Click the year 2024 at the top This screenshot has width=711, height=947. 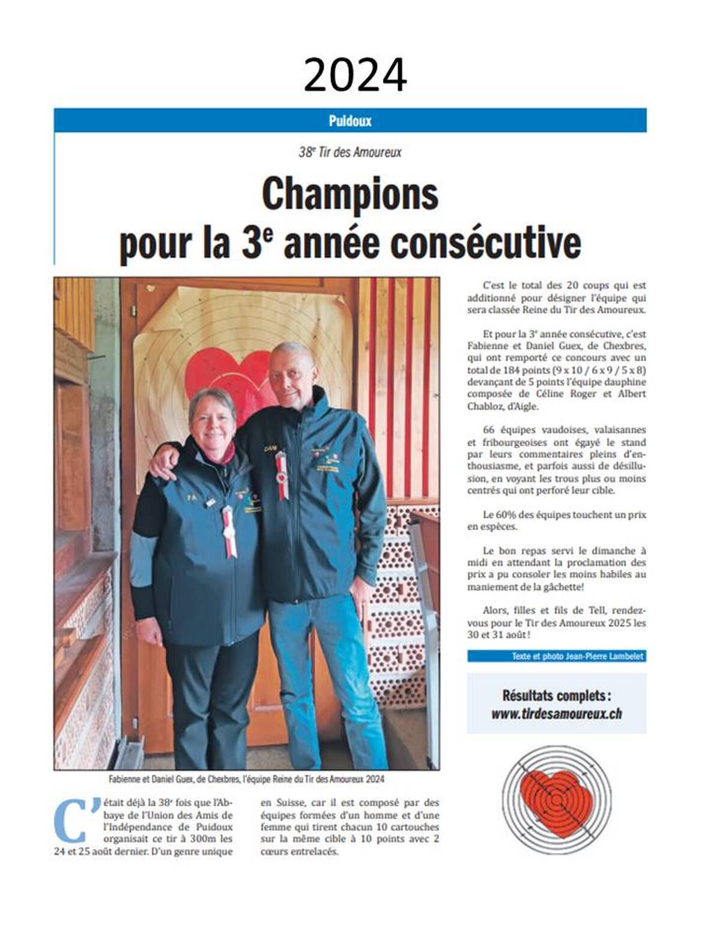pyautogui.click(x=355, y=76)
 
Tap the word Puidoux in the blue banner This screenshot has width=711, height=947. pyautogui.click(x=350, y=121)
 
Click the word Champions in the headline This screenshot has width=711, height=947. pyautogui.click(x=350, y=193)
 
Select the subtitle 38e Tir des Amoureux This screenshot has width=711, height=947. pyautogui.click(x=350, y=152)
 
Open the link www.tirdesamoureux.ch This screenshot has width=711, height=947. pyautogui.click(x=556, y=714)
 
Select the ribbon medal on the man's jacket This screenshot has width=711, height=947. pyautogui.click(x=280, y=473)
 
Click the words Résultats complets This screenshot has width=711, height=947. pyautogui.click(x=556, y=696)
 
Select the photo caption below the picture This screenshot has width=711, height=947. pyautogui.click(x=246, y=779)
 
